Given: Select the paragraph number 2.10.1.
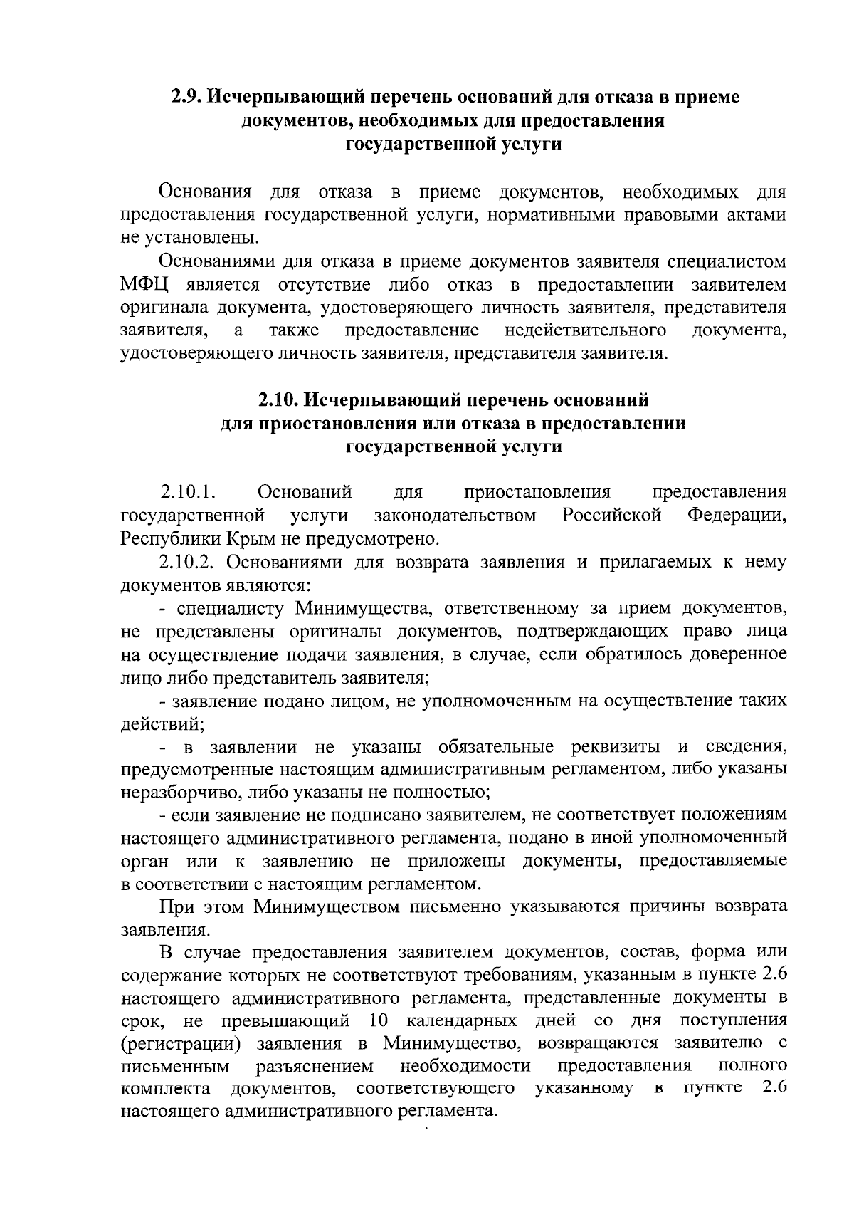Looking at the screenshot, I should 188,492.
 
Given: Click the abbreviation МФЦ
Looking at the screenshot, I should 144,286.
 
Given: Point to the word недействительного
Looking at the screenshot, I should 586,330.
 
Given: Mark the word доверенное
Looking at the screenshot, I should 741,654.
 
